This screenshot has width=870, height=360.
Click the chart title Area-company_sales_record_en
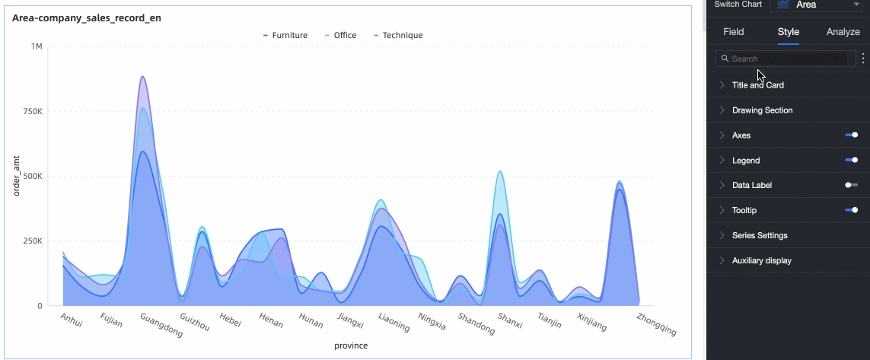[x=86, y=18]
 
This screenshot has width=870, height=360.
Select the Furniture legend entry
[x=285, y=35]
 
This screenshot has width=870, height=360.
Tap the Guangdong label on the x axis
[x=161, y=326]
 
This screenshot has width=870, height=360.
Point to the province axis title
[x=351, y=346]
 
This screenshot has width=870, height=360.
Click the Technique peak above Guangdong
[x=142, y=77]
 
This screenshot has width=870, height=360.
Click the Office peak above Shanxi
[x=500, y=171]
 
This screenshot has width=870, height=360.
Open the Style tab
[x=788, y=32]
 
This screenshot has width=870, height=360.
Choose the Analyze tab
[x=843, y=32]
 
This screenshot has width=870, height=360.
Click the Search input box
[x=788, y=59]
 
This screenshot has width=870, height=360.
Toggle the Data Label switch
[x=851, y=185]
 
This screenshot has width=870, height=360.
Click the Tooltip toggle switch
[x=851, y=210]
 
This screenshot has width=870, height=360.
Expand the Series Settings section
[x=759, y=235]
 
